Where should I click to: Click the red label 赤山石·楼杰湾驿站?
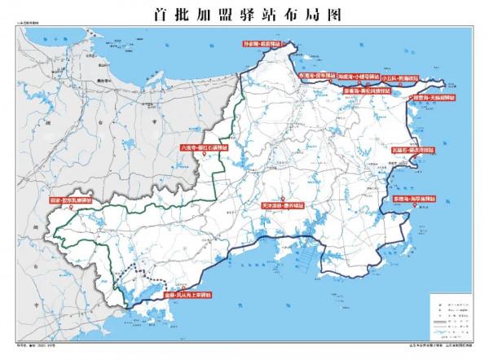[412, 150]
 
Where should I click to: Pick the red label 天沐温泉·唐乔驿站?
[283, 208]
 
